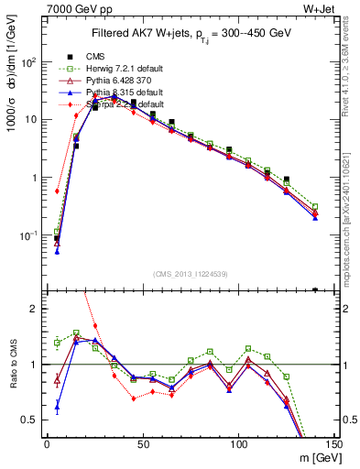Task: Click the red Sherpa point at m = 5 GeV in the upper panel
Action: (57, 191)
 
